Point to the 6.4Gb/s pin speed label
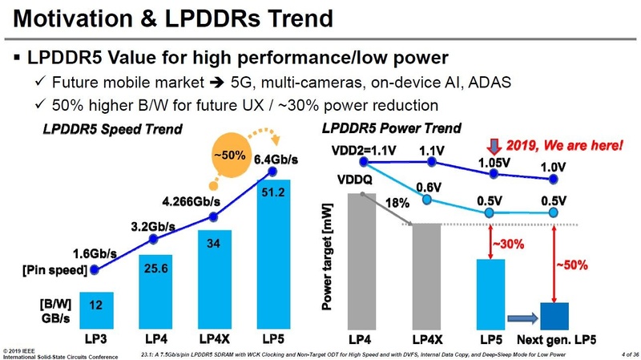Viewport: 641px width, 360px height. click(276, 160)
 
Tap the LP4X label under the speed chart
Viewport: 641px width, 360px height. click(213, 338)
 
